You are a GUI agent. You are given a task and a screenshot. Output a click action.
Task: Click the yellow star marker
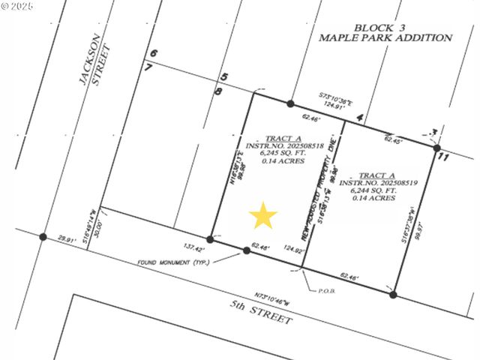coord(262,216)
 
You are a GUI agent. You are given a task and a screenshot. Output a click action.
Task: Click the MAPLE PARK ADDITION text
coord(385,37)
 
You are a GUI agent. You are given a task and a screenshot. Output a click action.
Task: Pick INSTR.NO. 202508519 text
coord(372,182)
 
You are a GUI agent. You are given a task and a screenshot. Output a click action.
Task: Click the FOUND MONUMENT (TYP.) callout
coord(173,262)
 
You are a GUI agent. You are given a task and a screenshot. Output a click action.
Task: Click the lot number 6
coord(153,53)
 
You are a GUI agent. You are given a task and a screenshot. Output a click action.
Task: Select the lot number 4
coord(361,118)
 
